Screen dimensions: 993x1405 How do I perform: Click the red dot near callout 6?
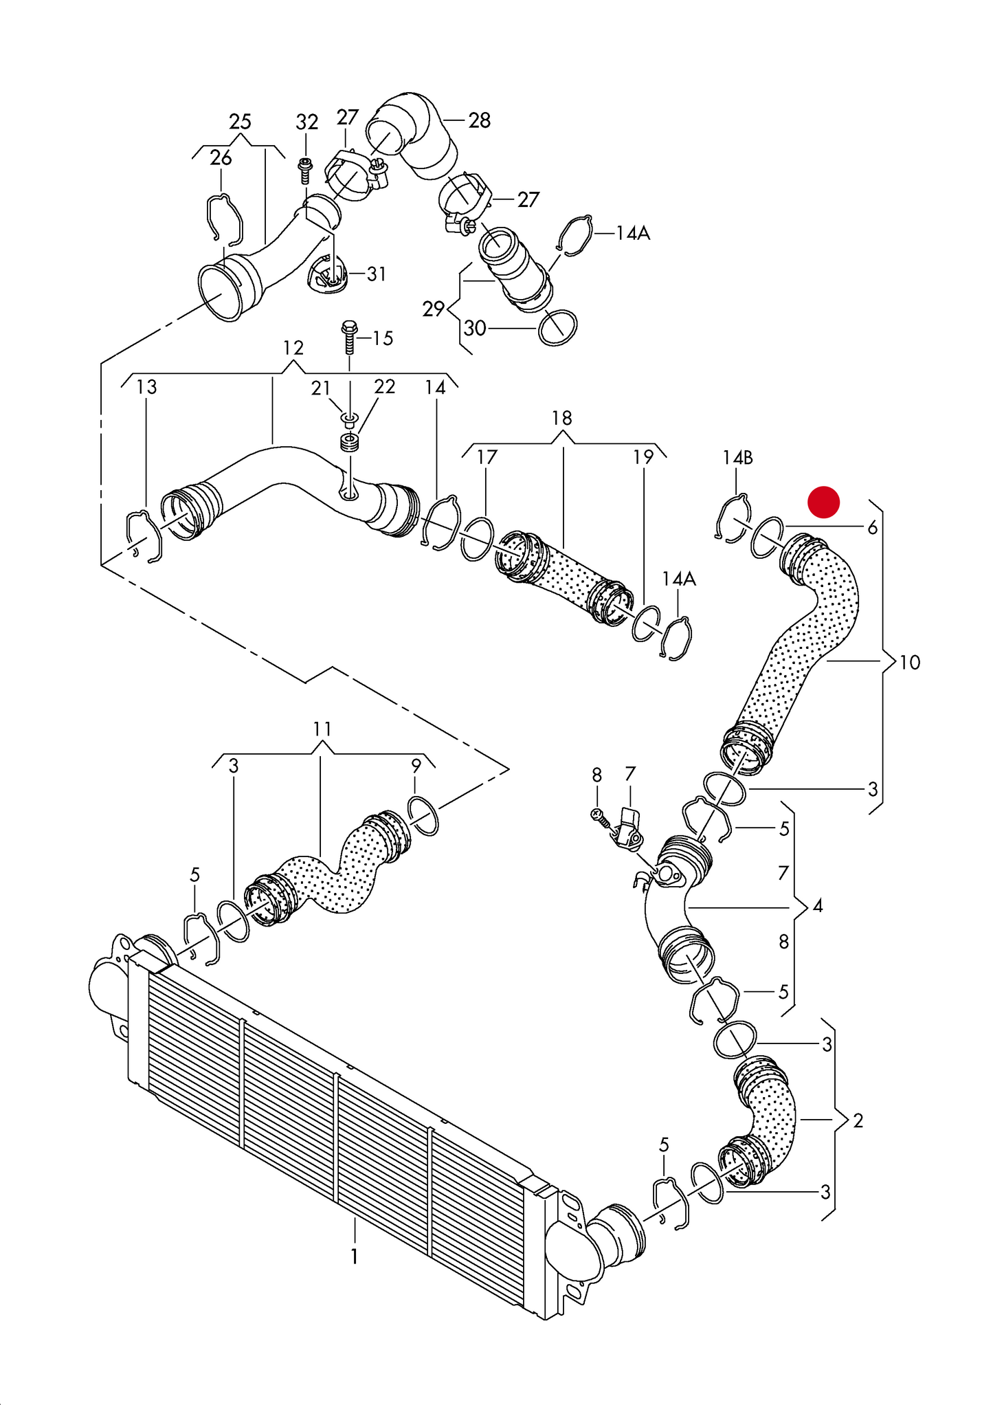click(823, 502)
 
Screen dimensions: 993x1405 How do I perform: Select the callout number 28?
click(480, 120)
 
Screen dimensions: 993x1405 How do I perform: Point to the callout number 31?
click(377, 274)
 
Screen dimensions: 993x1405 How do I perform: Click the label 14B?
click(737, 457)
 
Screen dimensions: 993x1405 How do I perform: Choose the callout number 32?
click(306, 122)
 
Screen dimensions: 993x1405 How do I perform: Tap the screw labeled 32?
click(305, 169)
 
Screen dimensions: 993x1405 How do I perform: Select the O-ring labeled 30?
click(557, 328)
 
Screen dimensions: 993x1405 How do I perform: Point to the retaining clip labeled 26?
click(225, 219)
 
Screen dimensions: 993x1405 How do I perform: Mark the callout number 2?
click(858, 1120)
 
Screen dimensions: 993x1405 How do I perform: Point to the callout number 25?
click(240, 122)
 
